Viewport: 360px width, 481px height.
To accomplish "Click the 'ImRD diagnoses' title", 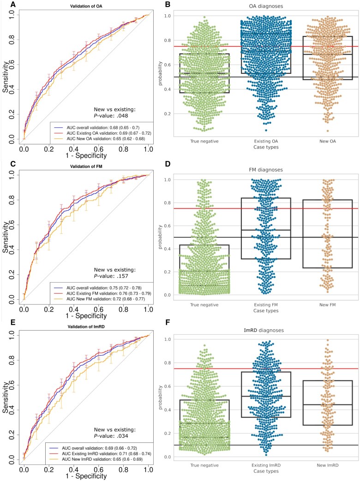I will click(258, 330).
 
